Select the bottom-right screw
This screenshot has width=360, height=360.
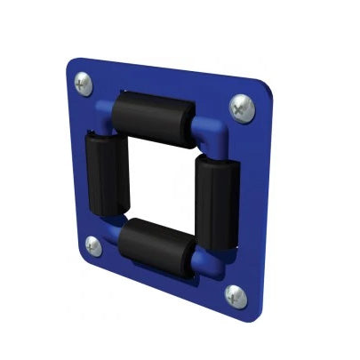click(236, 294)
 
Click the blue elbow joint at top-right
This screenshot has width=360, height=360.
click(211, 133)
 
